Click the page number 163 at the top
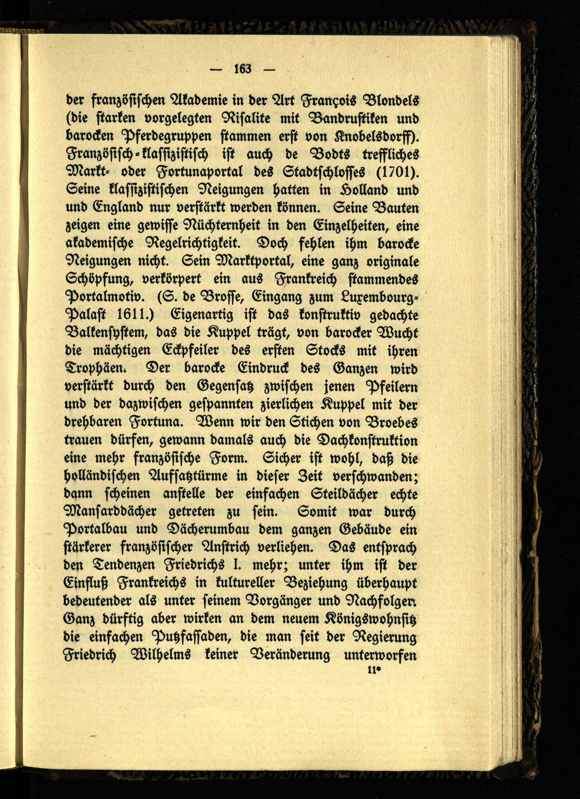242,68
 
